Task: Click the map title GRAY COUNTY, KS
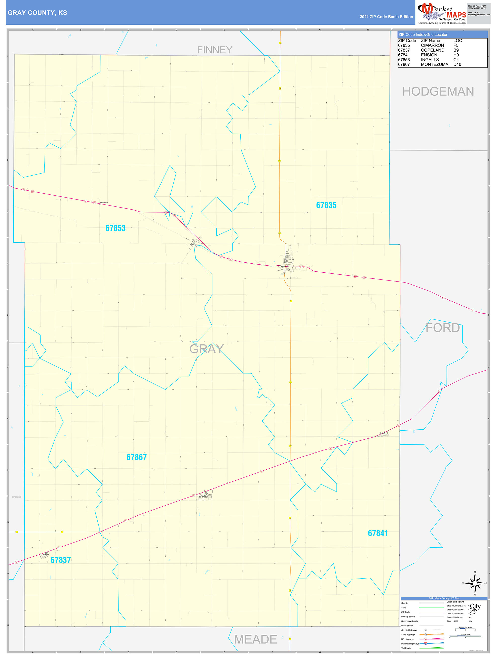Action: tap(37, 13)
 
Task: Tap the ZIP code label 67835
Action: tap(326, 205)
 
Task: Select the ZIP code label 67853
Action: tap(116, 228)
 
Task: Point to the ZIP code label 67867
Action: tap(136, 457)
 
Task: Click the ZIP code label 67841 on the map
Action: tap(378, 533)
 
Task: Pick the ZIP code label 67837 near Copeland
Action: tap(61, 560)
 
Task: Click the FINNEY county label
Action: tap(214, 50)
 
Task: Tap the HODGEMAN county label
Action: tap(438, 91)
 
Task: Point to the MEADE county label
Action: tap(255, 639)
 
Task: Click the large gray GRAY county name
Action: tap(207, 349)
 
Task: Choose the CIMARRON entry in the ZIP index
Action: tap(432, 46)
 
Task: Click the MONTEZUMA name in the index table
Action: tap(434, 64)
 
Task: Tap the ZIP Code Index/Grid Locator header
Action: tap(423, 35)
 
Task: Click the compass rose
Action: tap(475, 583)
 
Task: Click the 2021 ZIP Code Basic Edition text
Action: tap(386, 17)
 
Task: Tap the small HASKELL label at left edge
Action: tap(17, 497)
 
